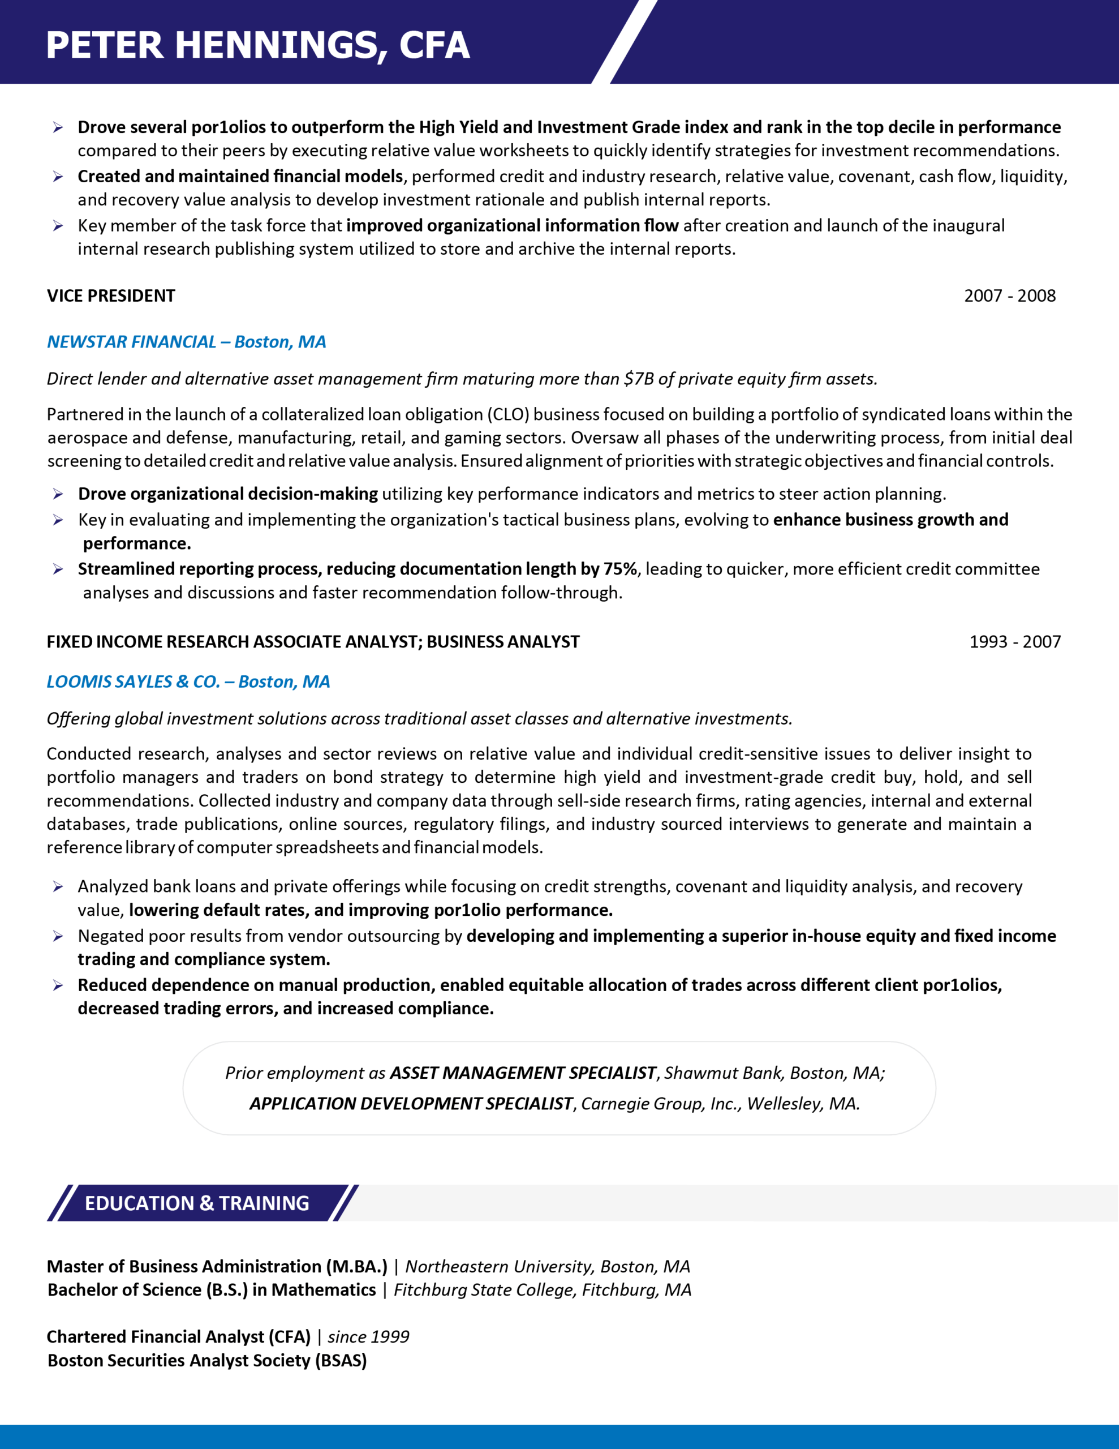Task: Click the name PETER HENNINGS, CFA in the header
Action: [x=257, y=45]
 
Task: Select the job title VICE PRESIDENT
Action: [x=111, y=296]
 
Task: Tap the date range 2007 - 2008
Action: [x=1010, y=296]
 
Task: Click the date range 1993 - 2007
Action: [x=1015, y=641]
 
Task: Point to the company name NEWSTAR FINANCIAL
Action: [x=131, y=342]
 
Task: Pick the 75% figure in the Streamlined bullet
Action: [x=619, y=569]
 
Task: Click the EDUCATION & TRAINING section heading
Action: [x=197, y=1203]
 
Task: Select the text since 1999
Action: [x=368, y=1336]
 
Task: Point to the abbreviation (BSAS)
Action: [x=341, y=1360]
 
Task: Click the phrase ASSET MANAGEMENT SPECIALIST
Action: [x=523, y=1073]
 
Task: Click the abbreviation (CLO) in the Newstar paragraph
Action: [x=509, y=415]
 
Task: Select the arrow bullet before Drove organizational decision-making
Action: [x=58, y=494]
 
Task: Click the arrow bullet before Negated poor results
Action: [x=58, y=936]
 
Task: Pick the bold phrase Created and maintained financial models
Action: [x=240, y=177]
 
